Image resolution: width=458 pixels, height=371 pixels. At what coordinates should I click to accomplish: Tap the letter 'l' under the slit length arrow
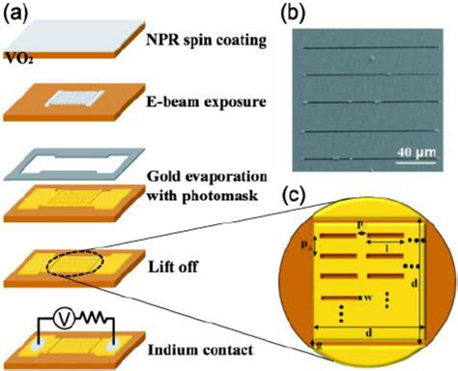click(387, 249)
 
